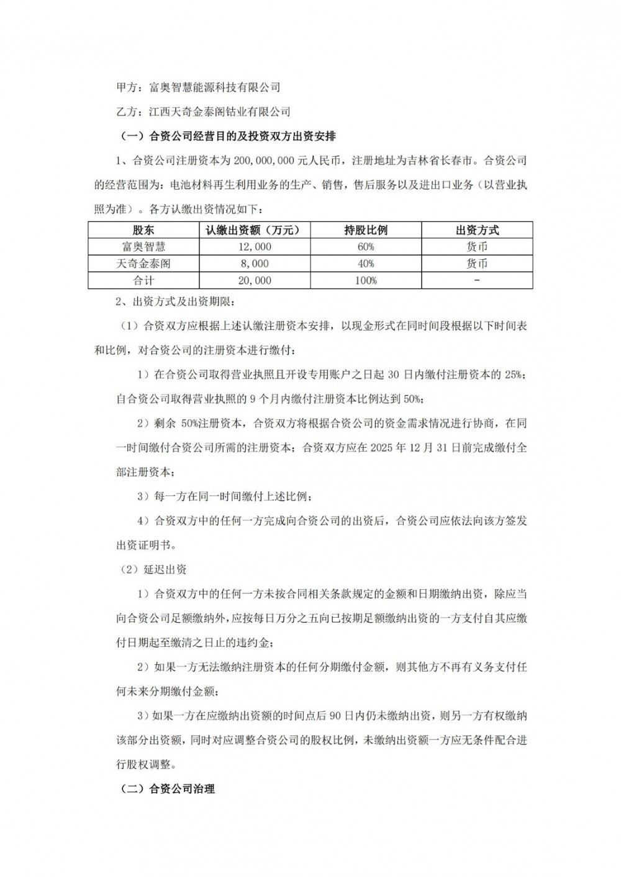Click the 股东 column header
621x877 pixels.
click(x=143, y=230)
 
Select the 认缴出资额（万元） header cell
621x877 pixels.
click(x=254, y=230)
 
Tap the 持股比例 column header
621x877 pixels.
click(x=366, y=230)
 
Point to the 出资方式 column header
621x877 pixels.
click(x=477, y=230)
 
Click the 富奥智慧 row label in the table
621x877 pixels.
click(x=143, y=247)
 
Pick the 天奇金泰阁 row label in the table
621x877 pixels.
click(x=143, y=264)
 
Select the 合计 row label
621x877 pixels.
click(x=143, y=280)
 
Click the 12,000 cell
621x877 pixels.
click(x=254, y=247)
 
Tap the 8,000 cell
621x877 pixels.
click(x=254, y=264)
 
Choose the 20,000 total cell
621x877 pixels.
click(x=254, y=280)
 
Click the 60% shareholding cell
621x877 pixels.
click(x=366, y=247)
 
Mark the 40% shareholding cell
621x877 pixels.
click(x=366, y=264)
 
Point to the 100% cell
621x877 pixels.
click(x=366, y=280)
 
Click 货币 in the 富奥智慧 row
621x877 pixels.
click(x=477, y=247)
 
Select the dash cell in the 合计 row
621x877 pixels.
click(x=477, y=280)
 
